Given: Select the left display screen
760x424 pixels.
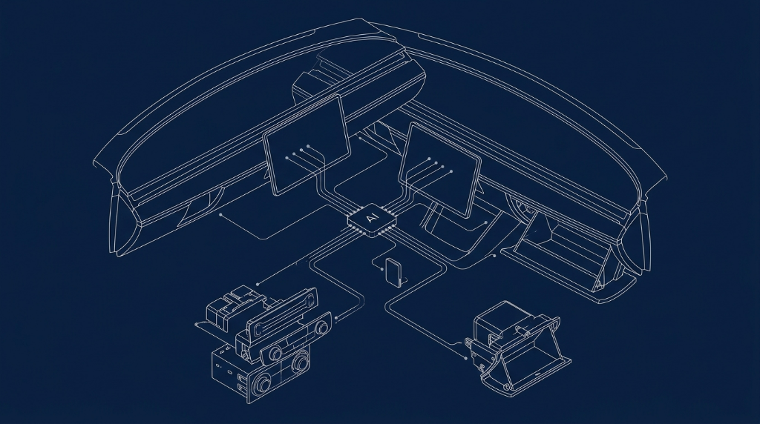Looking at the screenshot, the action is click(x=307, y=145).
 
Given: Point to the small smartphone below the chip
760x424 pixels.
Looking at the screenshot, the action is click(x=393, y=273).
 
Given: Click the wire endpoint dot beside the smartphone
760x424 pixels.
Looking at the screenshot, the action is click(x=382, y=268).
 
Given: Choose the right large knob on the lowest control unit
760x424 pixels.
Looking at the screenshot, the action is click(x=302, y=362).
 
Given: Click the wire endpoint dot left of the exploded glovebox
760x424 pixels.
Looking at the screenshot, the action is click(x=466, y=358).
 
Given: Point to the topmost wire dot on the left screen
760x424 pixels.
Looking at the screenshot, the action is click(x=308, y=146).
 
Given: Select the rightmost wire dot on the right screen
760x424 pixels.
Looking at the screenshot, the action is click(x=451, y=171).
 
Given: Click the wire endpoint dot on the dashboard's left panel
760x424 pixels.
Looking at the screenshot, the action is click(x=220, y=213).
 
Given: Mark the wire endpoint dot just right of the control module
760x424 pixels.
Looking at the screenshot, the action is click(x=336, y=318).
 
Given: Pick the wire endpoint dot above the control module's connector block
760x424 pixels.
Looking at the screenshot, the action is click(x=257, y=284).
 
